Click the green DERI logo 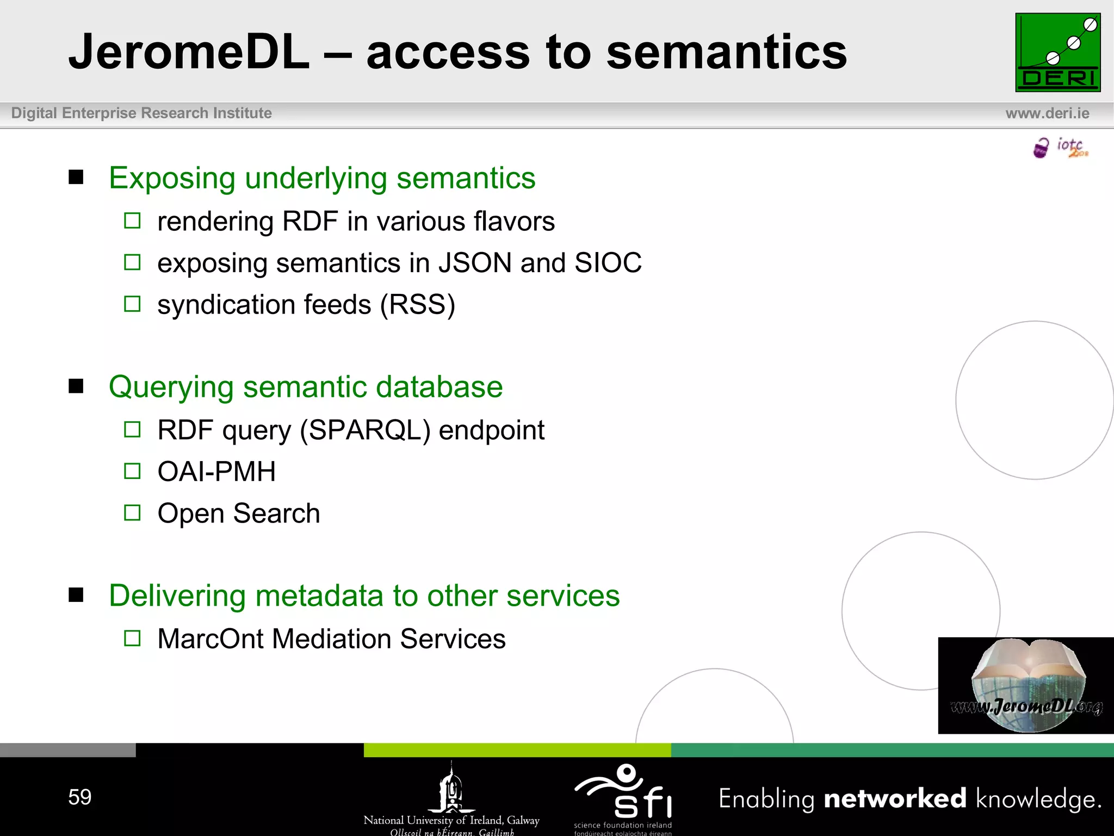(1057, 52)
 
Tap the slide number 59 (79, 797)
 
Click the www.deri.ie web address (1047, 113)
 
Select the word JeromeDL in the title (189, 52)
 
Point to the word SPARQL (366, 431)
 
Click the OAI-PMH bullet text (216, 472)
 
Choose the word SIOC (608, 263)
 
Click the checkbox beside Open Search (132, 513)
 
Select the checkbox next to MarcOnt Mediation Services (132, 638)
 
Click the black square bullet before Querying (76, 386)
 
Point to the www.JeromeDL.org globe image (1026, 686)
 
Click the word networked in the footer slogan (895, 799)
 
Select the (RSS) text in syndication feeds (417, 305)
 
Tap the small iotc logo (1061, 147)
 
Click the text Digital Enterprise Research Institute (141, 113)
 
